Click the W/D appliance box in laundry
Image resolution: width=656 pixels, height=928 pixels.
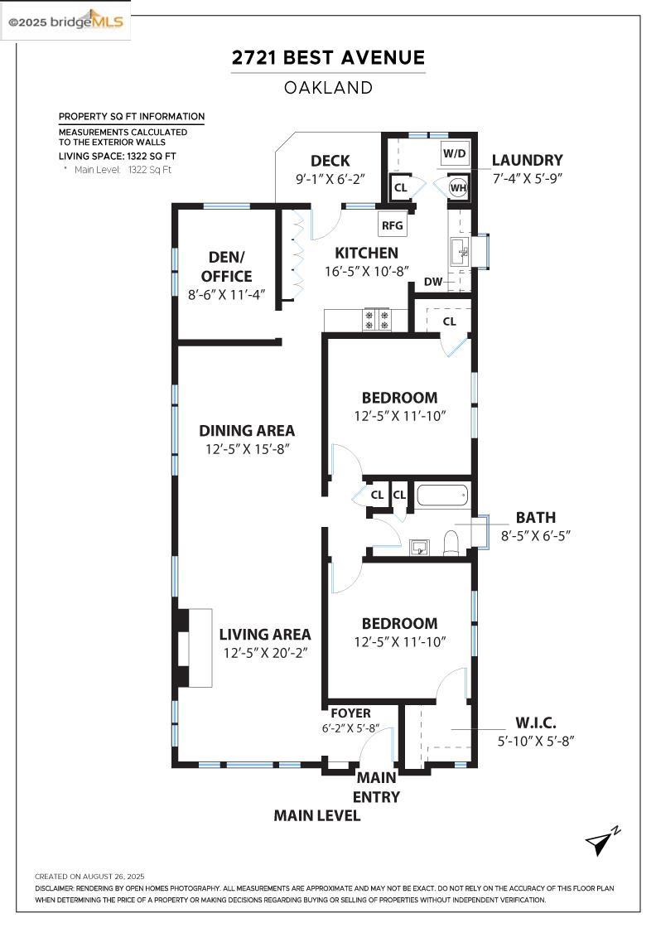[454, 153]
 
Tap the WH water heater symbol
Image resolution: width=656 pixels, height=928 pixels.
[458, 187]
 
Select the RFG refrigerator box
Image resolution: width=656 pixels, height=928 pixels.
[392, 225]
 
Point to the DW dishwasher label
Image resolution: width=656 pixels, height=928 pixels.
[433, 282]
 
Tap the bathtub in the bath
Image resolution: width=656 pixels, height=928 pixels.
[442, 495]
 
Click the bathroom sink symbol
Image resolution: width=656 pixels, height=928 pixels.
[421, 545]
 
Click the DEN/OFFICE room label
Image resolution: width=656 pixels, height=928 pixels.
[219, 267]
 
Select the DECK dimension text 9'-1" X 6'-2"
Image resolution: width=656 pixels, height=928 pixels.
[330, 178]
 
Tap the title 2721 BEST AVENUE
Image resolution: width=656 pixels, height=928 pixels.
[328, 58]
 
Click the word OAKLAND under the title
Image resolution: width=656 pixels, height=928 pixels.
[328, 87]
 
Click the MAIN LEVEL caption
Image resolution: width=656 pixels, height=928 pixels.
[317, 816]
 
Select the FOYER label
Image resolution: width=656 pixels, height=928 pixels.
[350, 713]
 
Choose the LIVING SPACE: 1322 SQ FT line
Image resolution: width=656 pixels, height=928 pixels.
[117, 156]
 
